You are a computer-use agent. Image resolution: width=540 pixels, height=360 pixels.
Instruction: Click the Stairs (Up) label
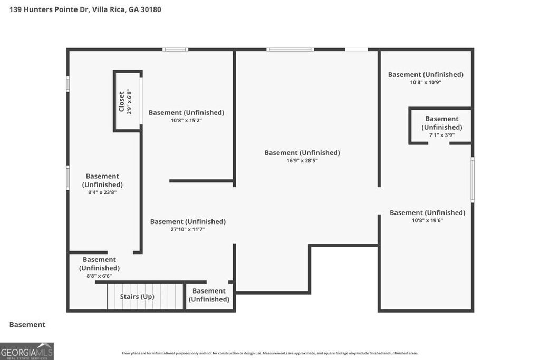coord(137,297)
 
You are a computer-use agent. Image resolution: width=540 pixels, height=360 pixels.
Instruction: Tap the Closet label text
coord(122,101)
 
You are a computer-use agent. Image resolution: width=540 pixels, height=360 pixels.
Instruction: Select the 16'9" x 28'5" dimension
coord(302,161)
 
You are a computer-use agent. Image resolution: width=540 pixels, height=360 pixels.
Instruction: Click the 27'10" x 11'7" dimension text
coord(188,229)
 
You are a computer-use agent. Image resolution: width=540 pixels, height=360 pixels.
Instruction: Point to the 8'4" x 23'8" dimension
coord(102,192)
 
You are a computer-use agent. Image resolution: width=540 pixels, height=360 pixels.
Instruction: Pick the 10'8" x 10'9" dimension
coord(426,82)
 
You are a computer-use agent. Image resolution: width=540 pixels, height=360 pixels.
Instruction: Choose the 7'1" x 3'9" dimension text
coord(442,135)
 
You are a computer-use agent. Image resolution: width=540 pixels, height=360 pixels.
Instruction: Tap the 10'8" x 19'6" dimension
coord(427,220)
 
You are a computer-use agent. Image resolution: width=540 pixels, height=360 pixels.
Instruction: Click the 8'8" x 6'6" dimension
coord(99,276)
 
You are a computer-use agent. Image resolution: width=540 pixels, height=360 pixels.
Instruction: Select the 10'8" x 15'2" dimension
coord(186,120)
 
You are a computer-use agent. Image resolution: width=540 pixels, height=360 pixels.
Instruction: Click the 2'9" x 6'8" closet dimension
coord(129,102)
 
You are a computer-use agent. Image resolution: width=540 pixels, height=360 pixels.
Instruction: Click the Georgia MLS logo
coord(26,351)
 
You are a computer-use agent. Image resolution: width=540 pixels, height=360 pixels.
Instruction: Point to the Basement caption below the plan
coord(27,325)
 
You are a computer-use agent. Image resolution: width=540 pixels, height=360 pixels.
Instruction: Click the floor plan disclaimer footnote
coord(270,353)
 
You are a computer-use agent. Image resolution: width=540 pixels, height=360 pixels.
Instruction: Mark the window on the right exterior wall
coord(472,180)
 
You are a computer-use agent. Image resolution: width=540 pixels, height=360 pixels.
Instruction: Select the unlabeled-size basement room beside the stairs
coord(209,295)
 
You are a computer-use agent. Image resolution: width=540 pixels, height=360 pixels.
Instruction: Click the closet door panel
coord(141,101)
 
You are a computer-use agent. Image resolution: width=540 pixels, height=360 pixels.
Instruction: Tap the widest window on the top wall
coord(290,50)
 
